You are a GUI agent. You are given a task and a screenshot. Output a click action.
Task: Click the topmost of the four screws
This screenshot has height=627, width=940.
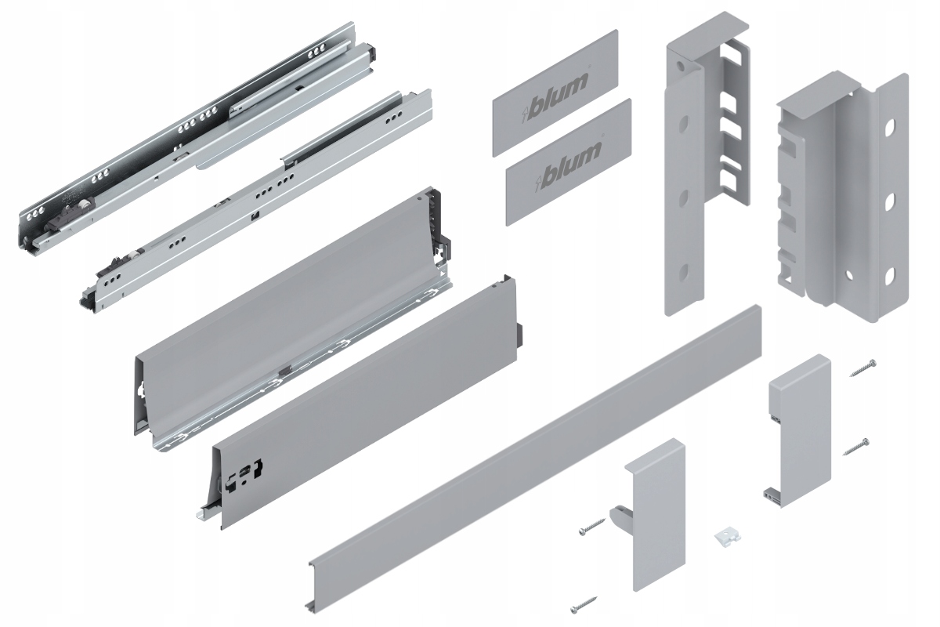[x=861, y=366]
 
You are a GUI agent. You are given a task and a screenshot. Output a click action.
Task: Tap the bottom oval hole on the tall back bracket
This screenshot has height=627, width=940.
[x=682, y=272]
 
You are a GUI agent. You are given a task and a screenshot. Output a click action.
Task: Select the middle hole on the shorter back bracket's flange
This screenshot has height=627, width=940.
[x=889, y=201]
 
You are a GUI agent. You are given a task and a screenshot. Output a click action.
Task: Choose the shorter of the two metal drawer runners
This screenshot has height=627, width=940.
[x=258, y=204]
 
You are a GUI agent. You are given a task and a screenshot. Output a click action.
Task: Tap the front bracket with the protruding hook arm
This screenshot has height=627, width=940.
[x=654, y=509]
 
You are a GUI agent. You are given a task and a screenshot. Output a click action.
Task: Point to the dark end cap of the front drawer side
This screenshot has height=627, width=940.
[x=510, y=298]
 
